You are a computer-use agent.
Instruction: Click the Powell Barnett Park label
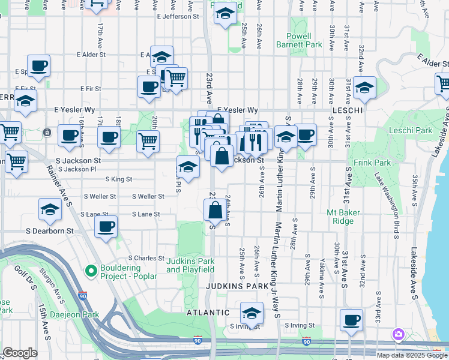[x=299, y=40]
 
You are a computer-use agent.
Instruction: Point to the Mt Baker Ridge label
[x=343, y=217]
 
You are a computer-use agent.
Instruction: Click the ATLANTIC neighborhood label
[x=207, y=313]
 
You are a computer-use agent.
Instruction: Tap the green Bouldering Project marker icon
[x=91, y=271]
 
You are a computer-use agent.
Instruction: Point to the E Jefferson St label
[x=178, y=17]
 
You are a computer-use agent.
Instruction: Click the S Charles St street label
[x=146, y=258]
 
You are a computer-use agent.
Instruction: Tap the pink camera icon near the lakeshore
[x=398, y=334]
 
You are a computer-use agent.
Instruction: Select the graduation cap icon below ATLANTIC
[x=252, y=313]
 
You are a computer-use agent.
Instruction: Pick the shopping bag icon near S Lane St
[x=215, y=210]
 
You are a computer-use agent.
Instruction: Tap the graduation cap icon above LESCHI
[x=364, y=88]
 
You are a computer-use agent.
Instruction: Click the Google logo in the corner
[x=20, y=353]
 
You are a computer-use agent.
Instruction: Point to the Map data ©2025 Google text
[x=412, y=355]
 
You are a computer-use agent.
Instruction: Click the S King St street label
[x=118, y=179]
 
